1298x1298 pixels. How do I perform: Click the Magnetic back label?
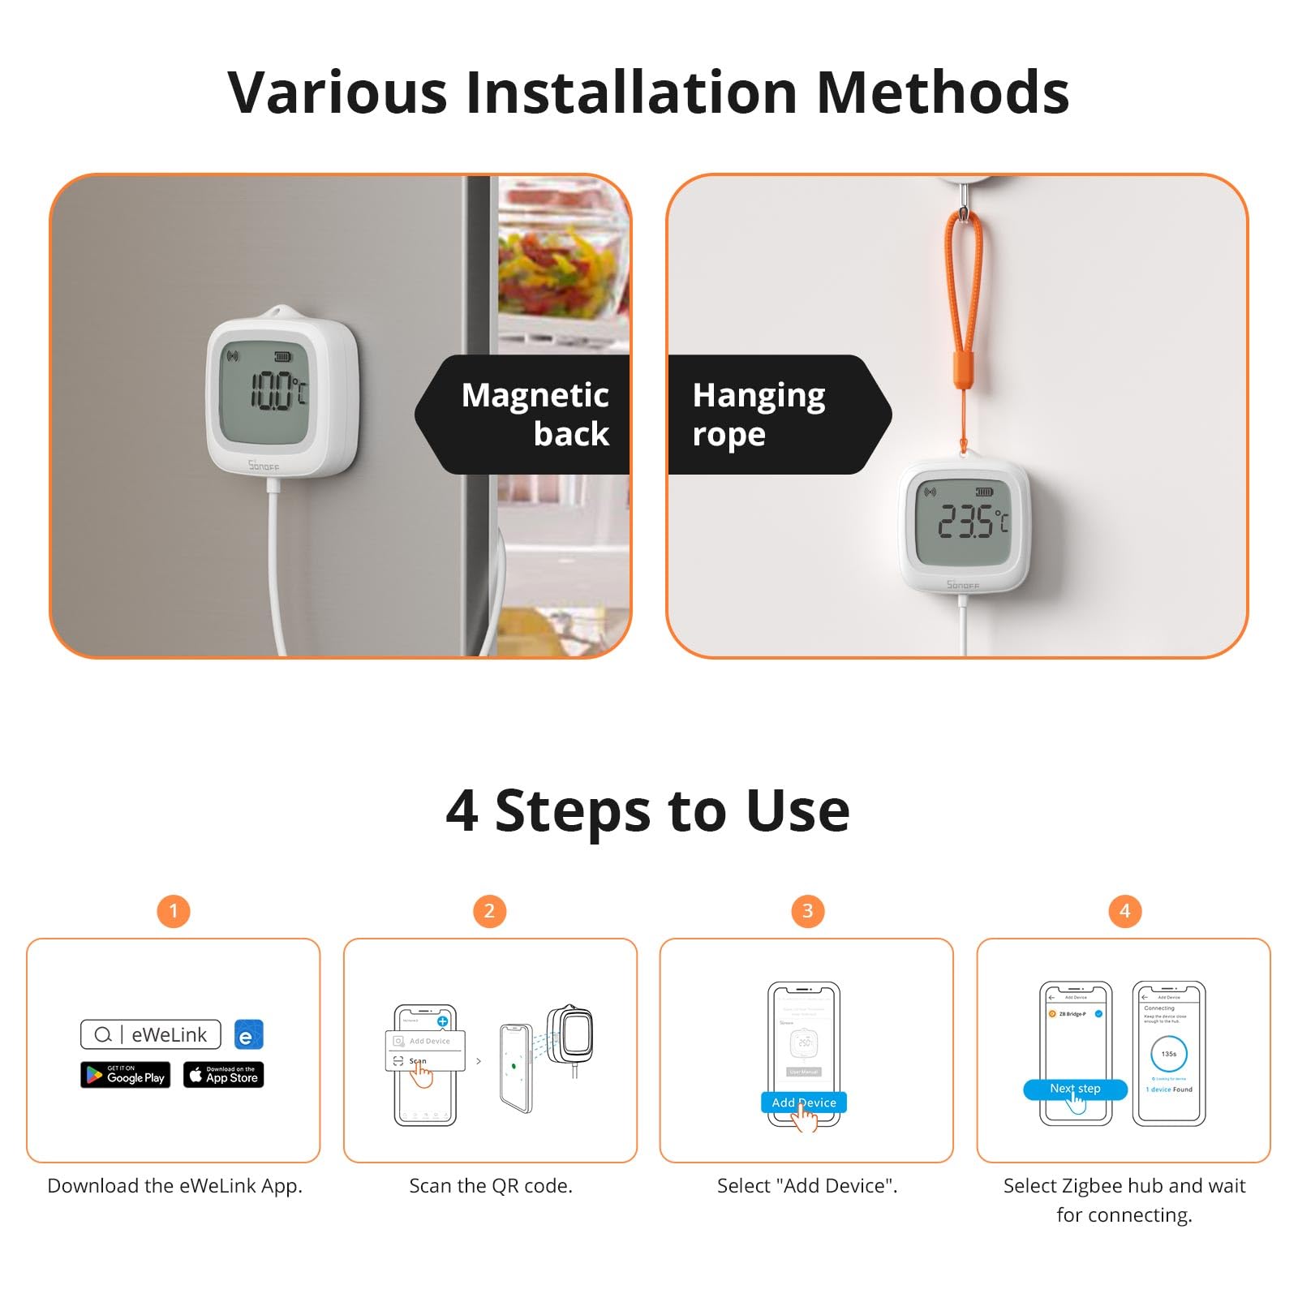click(535, 415)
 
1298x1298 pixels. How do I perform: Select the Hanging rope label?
click(759, 415)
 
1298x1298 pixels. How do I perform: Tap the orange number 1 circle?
click(173, 911)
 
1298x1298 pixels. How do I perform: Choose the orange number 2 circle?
click(489, 911)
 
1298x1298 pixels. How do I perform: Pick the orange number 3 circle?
click(807, 911)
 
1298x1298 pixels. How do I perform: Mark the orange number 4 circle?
click(1124, 911)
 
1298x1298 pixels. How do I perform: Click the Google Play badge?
click(126, 1075)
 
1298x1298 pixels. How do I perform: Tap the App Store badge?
click(223, 1075)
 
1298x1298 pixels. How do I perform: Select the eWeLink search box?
click(151, 1034)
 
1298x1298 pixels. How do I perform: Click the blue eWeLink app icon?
click(248, 1035)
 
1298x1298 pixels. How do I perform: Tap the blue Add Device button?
click(803, 1102)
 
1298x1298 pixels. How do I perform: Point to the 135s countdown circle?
click(1168, 1054)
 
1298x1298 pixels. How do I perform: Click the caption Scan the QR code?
click(491, 1186)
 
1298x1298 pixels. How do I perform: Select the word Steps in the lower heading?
click(573, 810)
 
